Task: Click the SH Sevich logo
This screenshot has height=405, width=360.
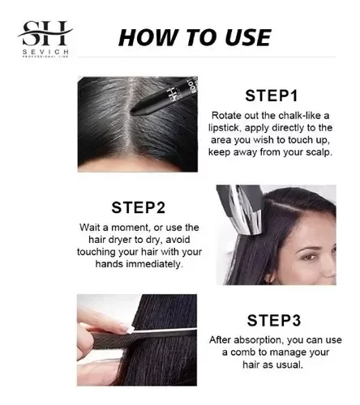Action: (x=45, y=39)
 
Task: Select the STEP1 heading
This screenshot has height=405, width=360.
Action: (x=272, y=96)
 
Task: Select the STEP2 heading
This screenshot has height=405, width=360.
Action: (x=138, y=207)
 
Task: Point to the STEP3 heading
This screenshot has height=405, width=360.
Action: (x=274, y=321)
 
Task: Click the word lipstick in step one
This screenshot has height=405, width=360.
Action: (x=224, y=128)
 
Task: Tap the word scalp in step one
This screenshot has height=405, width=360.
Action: (x=319, y=152)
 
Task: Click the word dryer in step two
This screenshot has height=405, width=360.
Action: (x=118, y=240)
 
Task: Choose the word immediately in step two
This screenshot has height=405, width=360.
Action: (x=154, y=264)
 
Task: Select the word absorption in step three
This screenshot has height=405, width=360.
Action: (x=258, y=340)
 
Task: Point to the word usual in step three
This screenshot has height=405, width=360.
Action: (x=289, y=365)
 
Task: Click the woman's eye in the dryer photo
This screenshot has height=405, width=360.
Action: (x=308, y=257)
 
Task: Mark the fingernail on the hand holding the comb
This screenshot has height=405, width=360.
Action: (x=127, y=329)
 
